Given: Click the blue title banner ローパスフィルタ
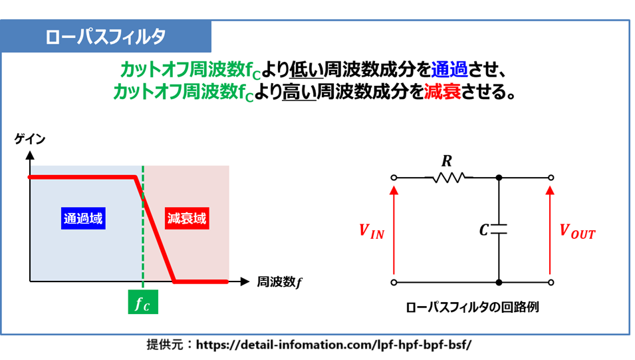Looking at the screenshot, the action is pos(106,37).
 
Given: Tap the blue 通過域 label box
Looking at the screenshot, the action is pos(83,218).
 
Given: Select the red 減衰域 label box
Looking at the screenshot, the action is pos(187,218).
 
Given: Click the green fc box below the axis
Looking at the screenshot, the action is pos(143,302).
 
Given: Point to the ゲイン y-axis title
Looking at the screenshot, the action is pos(29,139).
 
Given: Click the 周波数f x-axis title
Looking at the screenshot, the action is pos(279,281).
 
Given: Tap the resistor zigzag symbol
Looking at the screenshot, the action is pos(449,178).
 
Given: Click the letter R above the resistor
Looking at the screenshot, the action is pos(447,161).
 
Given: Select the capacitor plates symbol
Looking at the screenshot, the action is pos(499,230).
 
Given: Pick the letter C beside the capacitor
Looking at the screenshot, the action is pos(484,230).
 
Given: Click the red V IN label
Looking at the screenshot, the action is pos(372,232).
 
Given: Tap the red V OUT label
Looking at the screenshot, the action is pos(578,232).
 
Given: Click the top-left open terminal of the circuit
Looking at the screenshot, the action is pos(394,178).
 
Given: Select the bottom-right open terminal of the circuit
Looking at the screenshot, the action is pos(551,282).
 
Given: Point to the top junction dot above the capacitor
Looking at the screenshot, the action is pos(499,178).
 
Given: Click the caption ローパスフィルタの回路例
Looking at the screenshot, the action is pos(472,307).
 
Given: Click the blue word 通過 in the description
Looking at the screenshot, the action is pos(449,70).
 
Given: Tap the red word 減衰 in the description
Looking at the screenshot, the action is pos(442,92).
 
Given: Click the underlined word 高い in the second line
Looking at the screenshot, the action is pos(299,92).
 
